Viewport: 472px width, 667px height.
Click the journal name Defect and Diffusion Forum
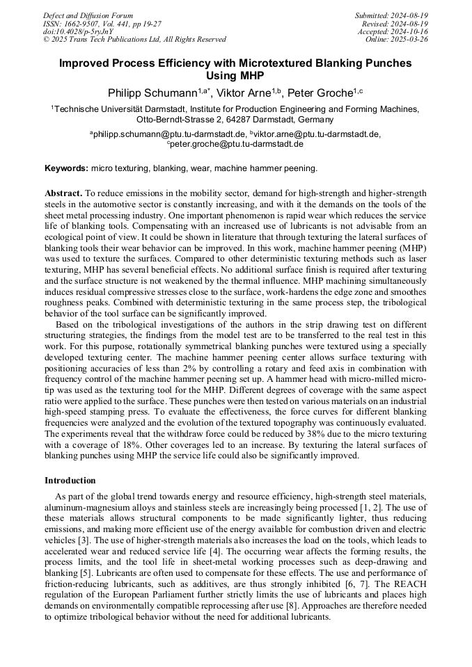[x=88, y=15]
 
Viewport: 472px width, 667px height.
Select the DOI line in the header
[x=78, y=31]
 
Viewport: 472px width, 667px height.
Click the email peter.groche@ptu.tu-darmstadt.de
[x=237, y=144]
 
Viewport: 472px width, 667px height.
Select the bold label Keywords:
[x=67, y=168]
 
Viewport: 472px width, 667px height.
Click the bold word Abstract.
[x=63, y=192]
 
